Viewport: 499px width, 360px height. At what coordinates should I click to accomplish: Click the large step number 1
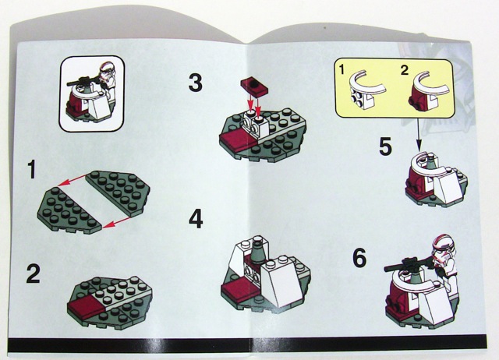(31, 169)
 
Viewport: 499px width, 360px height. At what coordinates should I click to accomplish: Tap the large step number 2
(34, 274)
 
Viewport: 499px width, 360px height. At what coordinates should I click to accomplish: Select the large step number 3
(196, 83)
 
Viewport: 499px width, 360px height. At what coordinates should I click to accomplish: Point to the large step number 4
(196, 219)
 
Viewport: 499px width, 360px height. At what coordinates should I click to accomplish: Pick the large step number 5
(385, 146)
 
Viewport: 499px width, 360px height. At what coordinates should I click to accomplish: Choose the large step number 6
(359, 258)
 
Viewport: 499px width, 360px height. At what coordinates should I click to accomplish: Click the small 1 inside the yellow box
(342, 69)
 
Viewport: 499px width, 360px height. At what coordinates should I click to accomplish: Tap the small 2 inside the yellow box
(404, 70)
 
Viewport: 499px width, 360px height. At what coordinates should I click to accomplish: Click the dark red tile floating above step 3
(254, 86)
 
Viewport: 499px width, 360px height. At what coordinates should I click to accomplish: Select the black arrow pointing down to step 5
(419, 134)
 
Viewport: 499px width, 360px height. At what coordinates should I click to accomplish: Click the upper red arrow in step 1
(73, 180)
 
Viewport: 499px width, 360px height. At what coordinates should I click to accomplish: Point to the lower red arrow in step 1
(116, 223)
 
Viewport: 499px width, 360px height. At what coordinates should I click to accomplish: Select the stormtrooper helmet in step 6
(444, 248)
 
